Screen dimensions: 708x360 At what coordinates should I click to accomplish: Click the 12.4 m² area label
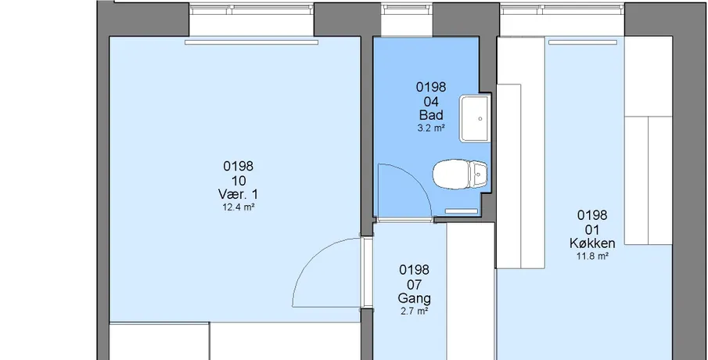(x=239, y=207)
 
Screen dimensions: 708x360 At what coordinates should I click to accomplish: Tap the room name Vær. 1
(x=238, y=195)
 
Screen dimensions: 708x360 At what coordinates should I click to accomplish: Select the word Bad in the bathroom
(x=431, y=115)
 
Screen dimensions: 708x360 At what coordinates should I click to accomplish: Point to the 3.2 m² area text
(x=431, y=128)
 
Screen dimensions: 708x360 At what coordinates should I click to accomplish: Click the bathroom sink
(x=475, y=119)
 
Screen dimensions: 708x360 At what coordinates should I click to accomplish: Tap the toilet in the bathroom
(x=460, y=174)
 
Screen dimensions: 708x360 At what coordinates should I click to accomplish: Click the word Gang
(x=414, y=299)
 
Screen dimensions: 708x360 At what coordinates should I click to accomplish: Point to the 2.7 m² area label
(x=414, y=311)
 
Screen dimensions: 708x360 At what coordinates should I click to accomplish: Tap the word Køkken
(x=592, y=243)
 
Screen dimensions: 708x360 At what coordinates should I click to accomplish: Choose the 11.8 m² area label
(x=592, y=256)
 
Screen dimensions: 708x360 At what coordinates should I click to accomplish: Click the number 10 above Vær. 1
(x=239, y=181)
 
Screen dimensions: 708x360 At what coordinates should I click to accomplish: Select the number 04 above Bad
(x=431, y=102)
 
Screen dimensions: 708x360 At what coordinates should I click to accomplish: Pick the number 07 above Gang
(x=414, y=285)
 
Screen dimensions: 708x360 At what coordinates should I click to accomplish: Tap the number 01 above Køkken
(x=592, y=230)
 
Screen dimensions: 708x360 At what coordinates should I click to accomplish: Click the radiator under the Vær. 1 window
(x=251, y=42)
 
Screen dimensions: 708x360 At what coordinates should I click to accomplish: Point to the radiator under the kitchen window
(x=583, y=42)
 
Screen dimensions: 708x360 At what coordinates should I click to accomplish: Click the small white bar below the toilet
(x=462, y=211)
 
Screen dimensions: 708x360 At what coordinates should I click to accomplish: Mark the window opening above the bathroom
(x=407, y=20)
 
